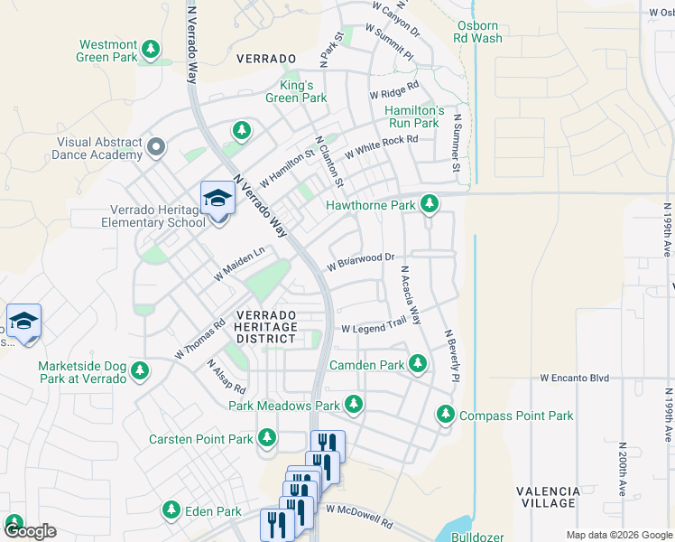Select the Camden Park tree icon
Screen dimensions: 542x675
tap(417, 364)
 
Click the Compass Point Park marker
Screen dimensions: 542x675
tap(445, 415)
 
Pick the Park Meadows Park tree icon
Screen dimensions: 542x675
tap(355, 405)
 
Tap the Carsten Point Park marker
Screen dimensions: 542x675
tap(266, 438)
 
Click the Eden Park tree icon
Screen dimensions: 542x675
tap(171, 510)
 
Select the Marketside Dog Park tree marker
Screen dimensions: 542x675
tap(139, 370)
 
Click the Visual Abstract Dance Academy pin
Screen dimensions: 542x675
tap(157, 146)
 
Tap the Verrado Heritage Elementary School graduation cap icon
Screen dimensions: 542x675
tap(217, 198)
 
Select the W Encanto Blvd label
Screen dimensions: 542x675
tap(575, 378)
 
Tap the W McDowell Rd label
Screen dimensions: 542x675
tap(360, 517)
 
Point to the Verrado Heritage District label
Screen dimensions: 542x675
tap(265, 326)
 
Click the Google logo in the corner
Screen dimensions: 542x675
tap(30, 530)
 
